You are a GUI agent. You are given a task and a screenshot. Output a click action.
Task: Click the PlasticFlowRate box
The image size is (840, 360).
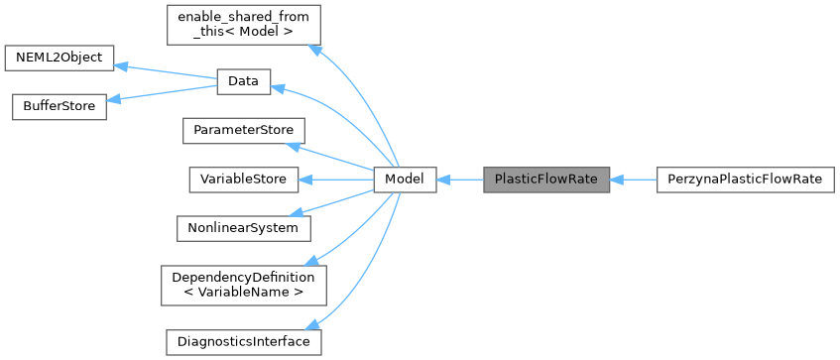[546, 180]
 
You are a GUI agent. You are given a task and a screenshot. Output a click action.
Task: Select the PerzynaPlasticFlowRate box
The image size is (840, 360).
[745, 180]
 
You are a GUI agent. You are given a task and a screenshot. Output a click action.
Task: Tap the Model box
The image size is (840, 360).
[405, 180]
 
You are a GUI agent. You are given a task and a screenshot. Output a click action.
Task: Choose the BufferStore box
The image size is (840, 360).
[59, 107]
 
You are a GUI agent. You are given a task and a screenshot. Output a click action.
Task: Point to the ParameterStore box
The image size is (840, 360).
[243, 131]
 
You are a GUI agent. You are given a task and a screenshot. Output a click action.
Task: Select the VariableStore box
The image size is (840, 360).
[243, 180]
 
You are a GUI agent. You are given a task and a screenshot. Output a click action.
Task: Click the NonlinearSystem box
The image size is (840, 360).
[243, 227]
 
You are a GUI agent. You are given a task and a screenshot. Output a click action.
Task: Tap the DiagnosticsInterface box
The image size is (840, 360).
[243, 341]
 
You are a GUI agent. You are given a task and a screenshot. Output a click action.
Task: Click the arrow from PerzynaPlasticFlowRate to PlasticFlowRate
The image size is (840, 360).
[634, 180]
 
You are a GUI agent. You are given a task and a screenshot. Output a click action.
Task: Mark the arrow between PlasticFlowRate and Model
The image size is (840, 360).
[459, 180]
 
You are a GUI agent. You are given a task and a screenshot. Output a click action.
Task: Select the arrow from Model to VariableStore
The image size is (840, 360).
[336, 180]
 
